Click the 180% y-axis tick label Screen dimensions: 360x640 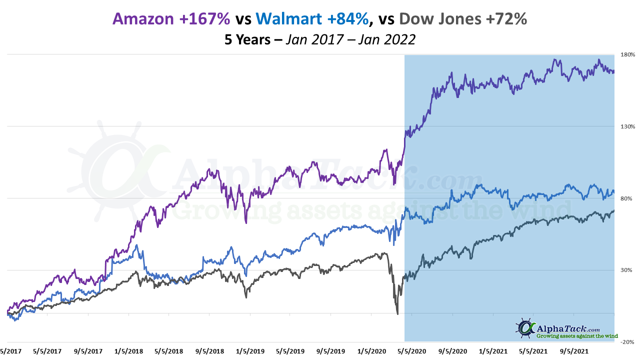pos(627,54)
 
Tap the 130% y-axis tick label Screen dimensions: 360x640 pos(627,126)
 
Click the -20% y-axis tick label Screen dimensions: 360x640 pos(628,342)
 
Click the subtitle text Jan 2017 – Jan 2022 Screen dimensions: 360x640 pos(350,39)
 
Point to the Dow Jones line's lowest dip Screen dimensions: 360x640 pos(397,314)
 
